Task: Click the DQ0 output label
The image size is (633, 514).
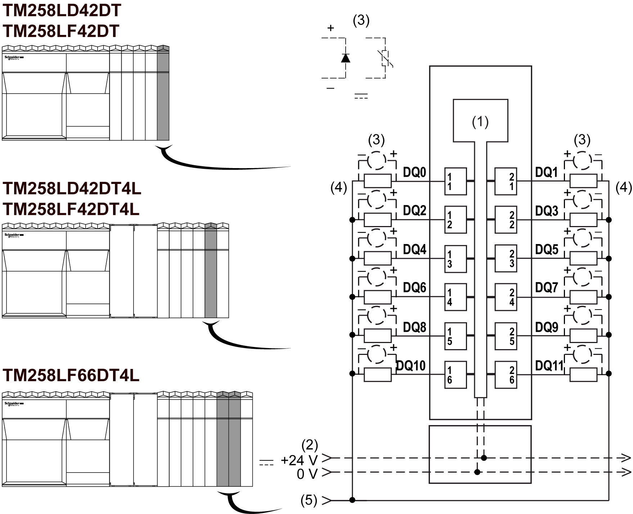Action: click(414, 172)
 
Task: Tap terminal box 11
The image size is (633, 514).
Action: click(455, 181)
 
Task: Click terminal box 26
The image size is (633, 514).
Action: click(506, 375)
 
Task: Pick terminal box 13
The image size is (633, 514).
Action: click(455, 259)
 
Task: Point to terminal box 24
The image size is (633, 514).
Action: click(506, 297)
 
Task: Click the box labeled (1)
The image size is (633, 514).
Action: click(480, 121)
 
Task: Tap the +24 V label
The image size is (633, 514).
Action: click(299, 460)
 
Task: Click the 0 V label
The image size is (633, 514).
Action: click(307, 474)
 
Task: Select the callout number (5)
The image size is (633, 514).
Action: click(309, 500)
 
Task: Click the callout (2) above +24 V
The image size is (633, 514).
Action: click(310, 446)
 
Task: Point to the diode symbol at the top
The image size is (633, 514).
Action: click(346, 58)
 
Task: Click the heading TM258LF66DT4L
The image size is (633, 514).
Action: click(71, 375)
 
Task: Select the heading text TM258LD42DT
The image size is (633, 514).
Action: click(62, 11)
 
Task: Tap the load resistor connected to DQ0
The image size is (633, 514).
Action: click(377, 181)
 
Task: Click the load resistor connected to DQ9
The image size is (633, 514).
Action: click(583, 335)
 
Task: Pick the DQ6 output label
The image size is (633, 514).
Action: click(414, 288)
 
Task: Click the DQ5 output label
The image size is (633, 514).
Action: click(547, 249)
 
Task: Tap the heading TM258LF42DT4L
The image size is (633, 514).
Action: click(71, 209)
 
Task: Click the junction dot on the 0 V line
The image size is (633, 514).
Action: click(477, 472)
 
